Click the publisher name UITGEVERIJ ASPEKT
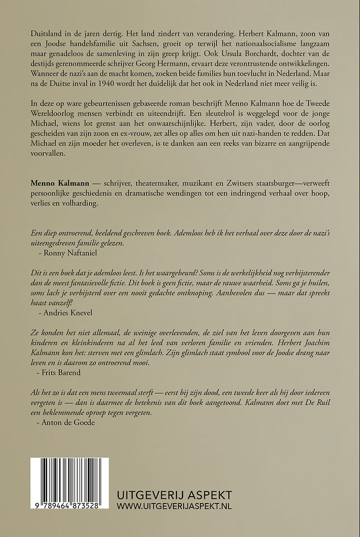pyautogui.click(x=180, y=495)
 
